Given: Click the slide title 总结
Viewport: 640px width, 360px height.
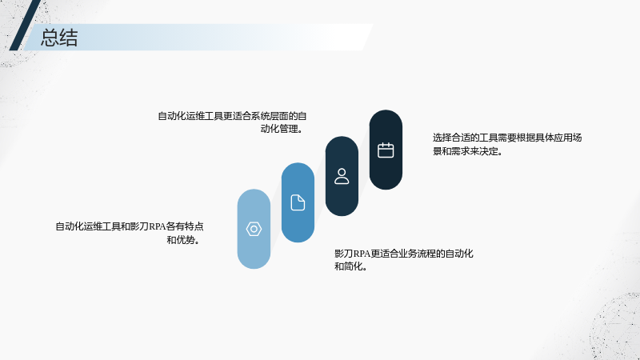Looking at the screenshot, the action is coord(59,38).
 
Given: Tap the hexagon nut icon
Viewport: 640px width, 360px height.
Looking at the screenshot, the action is coord(254,229).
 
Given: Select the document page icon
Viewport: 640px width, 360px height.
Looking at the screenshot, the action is coord(298,202).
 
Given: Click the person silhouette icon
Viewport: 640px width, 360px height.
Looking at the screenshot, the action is coord(342,176).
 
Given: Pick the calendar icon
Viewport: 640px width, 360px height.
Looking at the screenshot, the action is coord(386,150).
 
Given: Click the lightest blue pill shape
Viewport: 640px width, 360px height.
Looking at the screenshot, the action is coord(254,229).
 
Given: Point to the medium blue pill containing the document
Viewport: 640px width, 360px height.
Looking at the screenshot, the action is coord(298,202).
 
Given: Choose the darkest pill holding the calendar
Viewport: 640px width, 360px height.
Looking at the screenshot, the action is coord(386,150).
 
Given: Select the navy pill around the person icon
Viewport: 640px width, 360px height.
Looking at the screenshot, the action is coord(342,176).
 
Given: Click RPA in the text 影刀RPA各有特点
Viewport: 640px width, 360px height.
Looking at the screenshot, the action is coord(157,226).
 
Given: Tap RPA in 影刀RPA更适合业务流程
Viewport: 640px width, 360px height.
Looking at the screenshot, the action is coord(362,254).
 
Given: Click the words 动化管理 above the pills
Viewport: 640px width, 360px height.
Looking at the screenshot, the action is coord(279,129).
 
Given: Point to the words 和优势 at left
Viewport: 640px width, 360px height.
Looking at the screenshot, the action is coord(181,240).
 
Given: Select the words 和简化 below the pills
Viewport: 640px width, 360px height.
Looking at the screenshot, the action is coord(348,266).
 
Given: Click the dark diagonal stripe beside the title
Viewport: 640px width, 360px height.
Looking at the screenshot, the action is coord(25,26).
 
